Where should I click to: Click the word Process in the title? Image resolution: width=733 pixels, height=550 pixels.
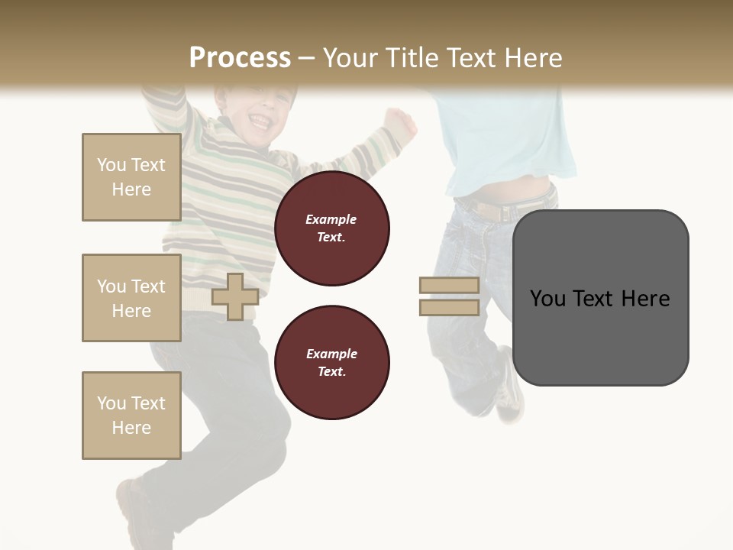(x=240, y=57)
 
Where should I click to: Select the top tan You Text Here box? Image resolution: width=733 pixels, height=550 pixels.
(x=131, y=177)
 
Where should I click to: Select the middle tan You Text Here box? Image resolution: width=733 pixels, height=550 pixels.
(x=131, y=298)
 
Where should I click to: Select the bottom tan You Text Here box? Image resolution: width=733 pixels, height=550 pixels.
(x=131, y=416)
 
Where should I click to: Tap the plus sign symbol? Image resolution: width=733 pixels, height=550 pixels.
(x=235, y=296)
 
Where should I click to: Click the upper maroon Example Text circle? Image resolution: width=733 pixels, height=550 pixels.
(x=332, y=228)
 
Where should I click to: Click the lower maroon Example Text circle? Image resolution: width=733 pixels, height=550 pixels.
(x=332, y=363)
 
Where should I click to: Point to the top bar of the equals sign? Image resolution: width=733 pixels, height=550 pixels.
(x=449, y=285)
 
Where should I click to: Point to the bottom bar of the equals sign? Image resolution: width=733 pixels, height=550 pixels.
(x=449, y=307)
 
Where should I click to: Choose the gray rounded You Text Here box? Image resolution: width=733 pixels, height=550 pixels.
(x=600, y=298)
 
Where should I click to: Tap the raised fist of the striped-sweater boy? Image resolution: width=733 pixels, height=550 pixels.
(x=398, y=120)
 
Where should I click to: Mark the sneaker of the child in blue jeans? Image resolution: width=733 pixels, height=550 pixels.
(x=509, y=393)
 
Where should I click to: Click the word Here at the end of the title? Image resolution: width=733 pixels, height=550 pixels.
(x=531, y=58)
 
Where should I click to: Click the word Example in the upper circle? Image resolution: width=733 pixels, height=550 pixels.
(x=331, y=219)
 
